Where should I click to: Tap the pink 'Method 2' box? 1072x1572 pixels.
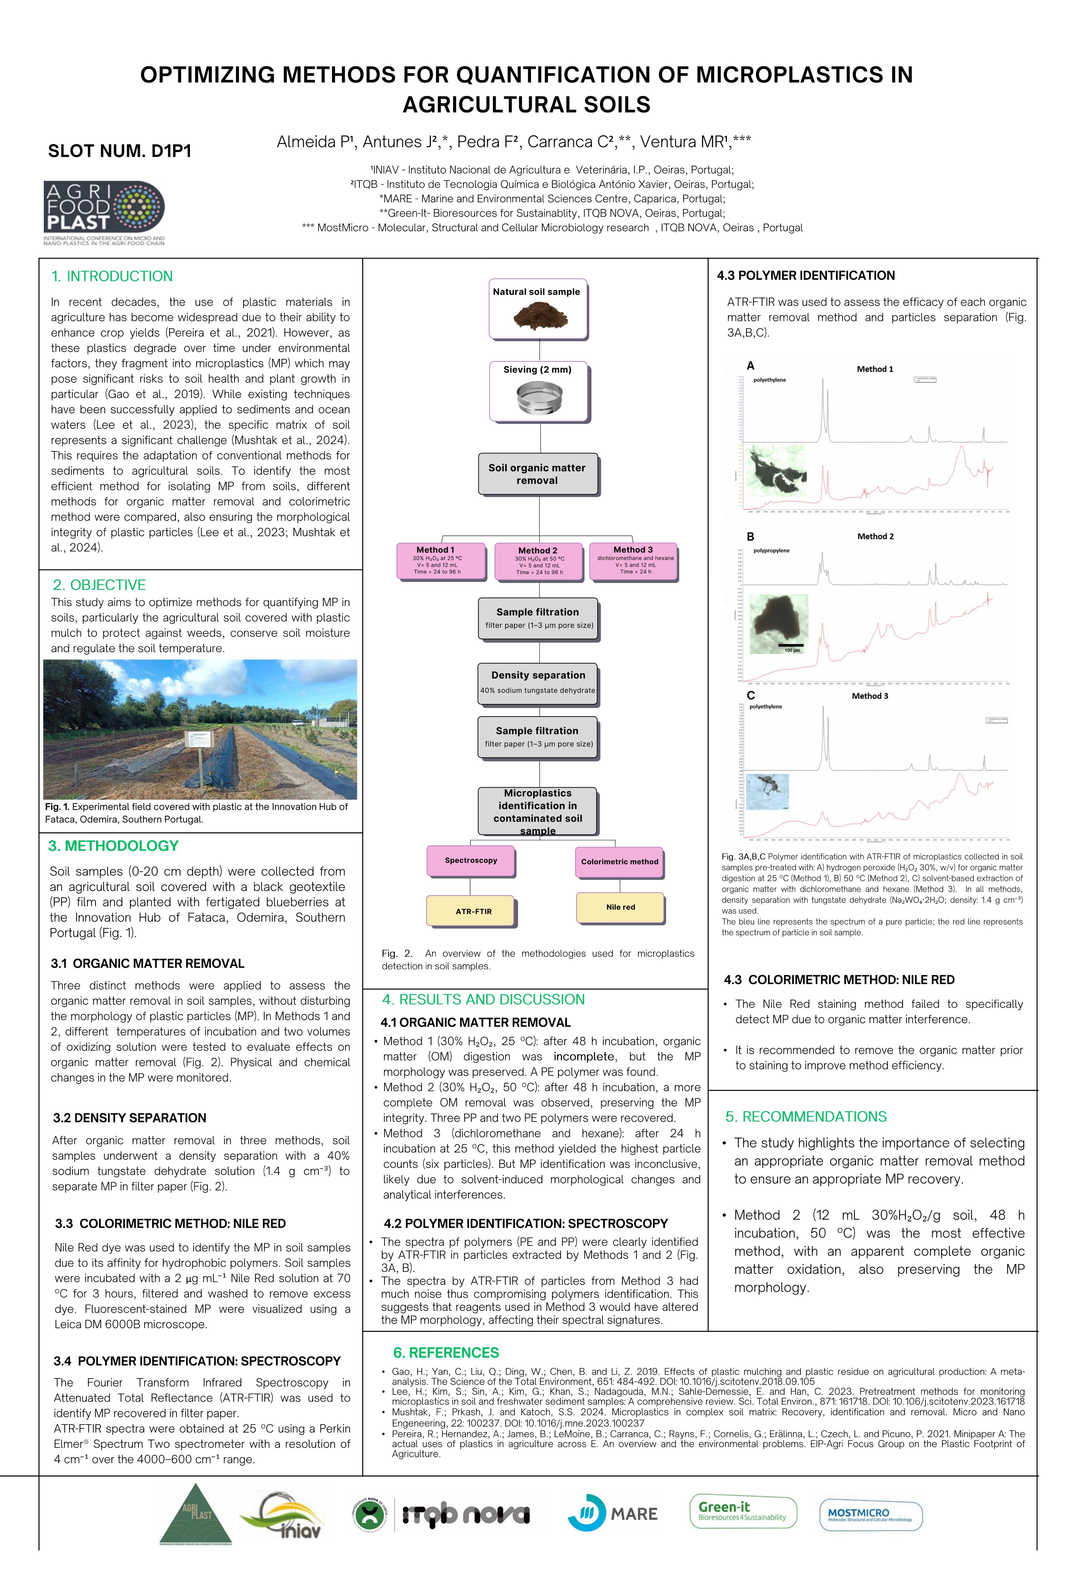tap(539, 562)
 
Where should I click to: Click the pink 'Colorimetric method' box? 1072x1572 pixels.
tap(619, 862)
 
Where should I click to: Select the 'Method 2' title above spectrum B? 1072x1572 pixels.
tap(875, 536)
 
